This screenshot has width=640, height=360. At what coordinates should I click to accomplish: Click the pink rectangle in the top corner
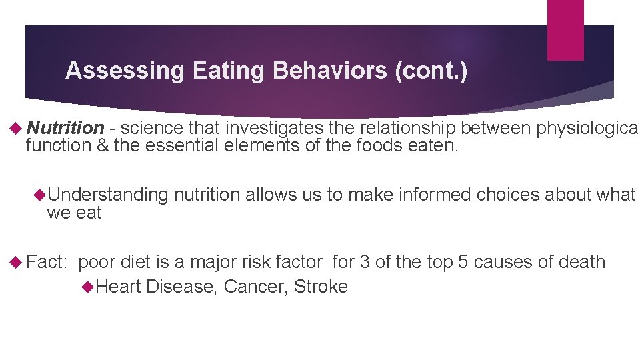point(565,30)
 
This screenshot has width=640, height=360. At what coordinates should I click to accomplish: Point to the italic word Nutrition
point(66,128)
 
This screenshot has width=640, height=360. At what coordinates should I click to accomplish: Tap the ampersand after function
point(101,145)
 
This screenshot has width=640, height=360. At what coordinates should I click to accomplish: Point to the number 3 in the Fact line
point(365,262)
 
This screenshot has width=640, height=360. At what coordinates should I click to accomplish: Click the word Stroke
point(321,287)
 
